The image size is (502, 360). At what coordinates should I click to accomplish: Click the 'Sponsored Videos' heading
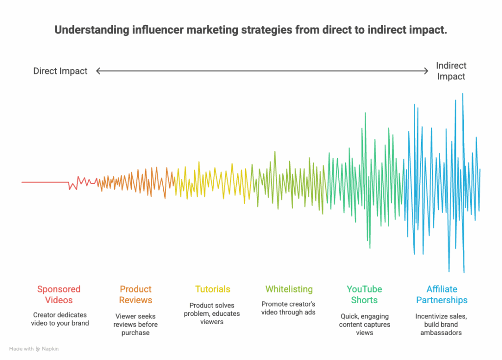coord(59,294)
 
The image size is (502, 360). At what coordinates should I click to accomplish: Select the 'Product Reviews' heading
coord(136,294)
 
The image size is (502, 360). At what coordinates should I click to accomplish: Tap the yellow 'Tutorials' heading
coord(212,289)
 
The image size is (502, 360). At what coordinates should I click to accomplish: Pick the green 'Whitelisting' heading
coord(289,289)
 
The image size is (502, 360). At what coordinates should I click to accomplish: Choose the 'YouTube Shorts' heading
coord(364,294)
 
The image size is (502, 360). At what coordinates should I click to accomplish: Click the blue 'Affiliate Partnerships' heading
coord(442,294)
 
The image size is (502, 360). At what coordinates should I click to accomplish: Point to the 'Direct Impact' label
coord(60,71)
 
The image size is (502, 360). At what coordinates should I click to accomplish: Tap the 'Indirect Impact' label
coord(451,71)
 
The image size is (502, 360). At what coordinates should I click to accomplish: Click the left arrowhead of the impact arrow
coord(98,71)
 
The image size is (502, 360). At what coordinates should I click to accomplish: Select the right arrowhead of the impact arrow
coord(427,71)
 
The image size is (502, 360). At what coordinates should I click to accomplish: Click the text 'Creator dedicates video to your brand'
coord(61,319)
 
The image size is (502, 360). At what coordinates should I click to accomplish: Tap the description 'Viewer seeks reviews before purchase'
coord(135,325)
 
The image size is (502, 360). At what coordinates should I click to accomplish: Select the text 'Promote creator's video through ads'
coord(288,308)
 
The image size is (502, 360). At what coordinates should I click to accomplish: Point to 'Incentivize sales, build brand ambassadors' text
coord(441,324)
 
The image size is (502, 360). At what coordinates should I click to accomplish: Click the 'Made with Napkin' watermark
coord(34,349)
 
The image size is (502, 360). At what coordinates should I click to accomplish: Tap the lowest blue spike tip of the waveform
coord(464,272)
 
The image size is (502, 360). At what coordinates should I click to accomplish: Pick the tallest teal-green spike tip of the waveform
coord(365,113)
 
